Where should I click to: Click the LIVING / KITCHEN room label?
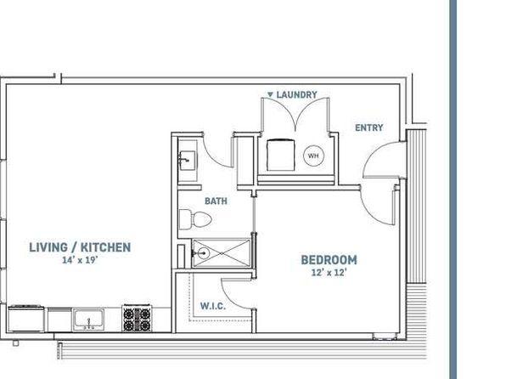(80, 247)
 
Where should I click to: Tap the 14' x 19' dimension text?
(80, 260)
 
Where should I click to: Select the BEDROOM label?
(329, 260)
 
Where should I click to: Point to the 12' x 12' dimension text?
(329, 273)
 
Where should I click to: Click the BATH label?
(216, 201)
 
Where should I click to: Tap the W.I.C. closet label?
(213, 306)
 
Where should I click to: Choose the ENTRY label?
(368, 127)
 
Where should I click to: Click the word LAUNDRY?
(297, 94)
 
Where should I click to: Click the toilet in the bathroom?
(195, 219)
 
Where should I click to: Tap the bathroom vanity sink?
(187, 161)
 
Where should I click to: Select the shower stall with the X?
(222, 253)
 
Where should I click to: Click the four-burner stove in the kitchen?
(137, 318)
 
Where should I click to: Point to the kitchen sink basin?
(88, 320)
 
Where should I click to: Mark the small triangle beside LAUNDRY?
(271, 94)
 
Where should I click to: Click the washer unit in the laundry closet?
(281, 155)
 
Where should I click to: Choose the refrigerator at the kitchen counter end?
(26, 319)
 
